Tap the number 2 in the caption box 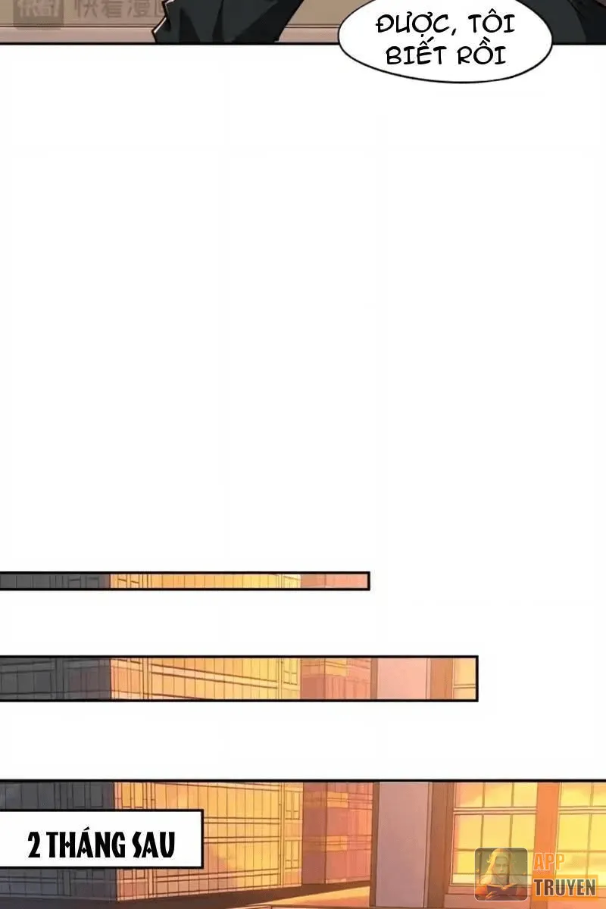coord(34,844)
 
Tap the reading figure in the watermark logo coord(501,873)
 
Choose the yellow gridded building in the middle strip coord(205,678)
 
